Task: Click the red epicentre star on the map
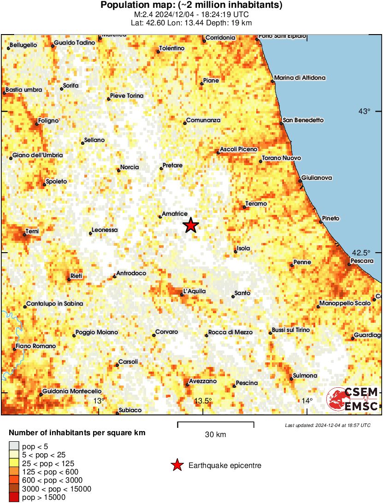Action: [x=190, y=225]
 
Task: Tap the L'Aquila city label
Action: [x=194, y=291]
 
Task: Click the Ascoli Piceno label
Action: [x=238, y=149]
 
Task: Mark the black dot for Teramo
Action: [x=244, y=207]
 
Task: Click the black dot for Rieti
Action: [x=69, y=279]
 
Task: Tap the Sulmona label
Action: [x=305, y=376]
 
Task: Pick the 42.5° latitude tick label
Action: [x=361, y=253]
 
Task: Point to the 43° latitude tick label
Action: [x=365, y=111]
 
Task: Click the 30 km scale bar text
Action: [x=215, y=434]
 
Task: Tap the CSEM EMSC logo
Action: [x=353, y=399]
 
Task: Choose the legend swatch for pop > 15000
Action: [x=14, y=497]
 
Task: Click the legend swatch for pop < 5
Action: [x=14, y=446]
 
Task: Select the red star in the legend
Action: [x=177, y=466]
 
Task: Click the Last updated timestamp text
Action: [x=328, y=425]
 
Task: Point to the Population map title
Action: [x=191, y=6]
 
